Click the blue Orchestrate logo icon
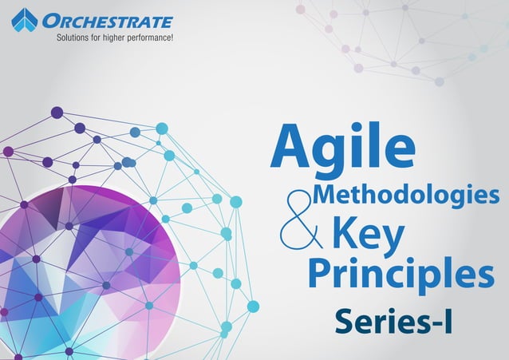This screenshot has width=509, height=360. click(x=25, y=21)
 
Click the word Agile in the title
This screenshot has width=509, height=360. click(x=343, y=148)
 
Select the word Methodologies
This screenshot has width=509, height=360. click(x=407, y=194)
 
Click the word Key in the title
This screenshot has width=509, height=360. click(x=368, y=235)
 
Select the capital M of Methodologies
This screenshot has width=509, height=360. click(x=327, y=194)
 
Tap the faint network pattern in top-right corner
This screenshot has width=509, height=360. click(x=399, y=40)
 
